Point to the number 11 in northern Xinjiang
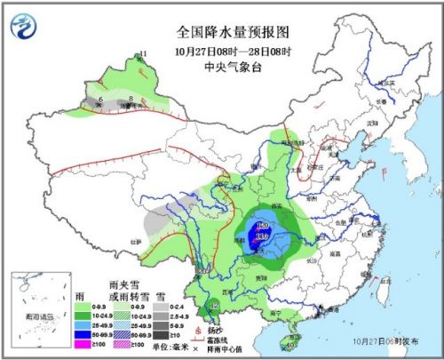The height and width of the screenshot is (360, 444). pyautogui.click(x=142, y=55)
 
